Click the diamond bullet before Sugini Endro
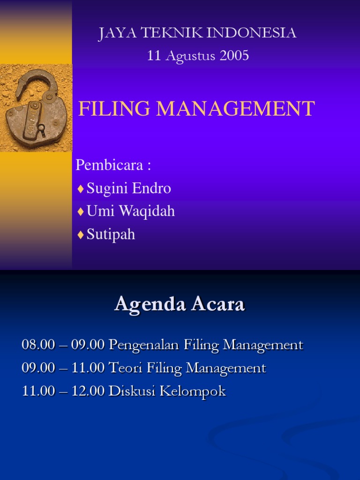81,188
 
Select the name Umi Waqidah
131,211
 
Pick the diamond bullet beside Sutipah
81,234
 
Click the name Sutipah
111,234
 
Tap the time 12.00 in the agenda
88,391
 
